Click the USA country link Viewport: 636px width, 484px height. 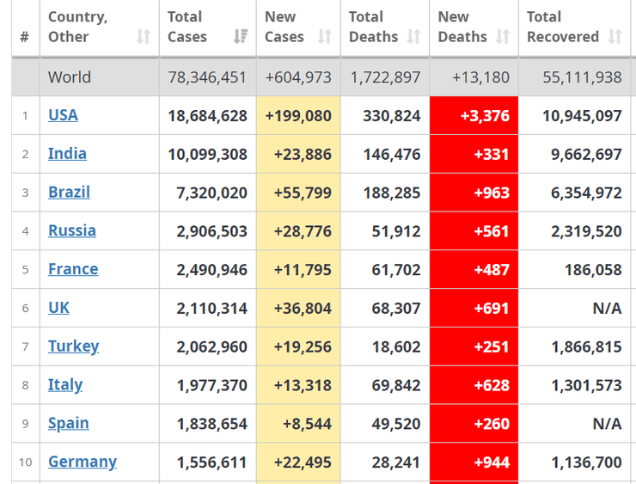(x=63, y=115)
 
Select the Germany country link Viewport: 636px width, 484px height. (x=82, y=462)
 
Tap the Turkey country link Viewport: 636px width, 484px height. (x=73, y=346)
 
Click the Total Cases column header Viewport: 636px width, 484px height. (x=187, y=27)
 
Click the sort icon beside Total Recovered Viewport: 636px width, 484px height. (x=615, y=37)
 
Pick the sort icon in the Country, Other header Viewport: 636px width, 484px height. (x=143, y=37)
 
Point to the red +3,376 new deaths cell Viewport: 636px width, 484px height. (x=474, y=116)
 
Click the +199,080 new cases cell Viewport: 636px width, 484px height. (x=298, y=116)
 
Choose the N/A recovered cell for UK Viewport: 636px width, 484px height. (x=607, y=308)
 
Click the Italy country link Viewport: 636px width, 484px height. (x=65, y=384)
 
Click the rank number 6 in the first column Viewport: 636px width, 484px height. (x=25, y=308)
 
